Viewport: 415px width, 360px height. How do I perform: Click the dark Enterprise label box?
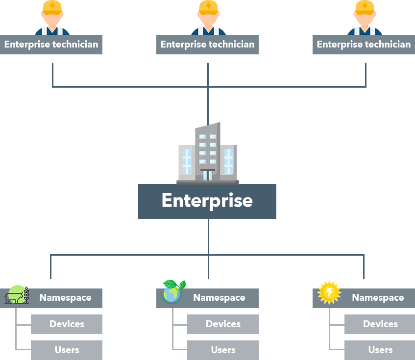coord(207,201)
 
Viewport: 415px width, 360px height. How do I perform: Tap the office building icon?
coord(208,153)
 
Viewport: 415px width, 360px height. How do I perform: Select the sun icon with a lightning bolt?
coord(329,292)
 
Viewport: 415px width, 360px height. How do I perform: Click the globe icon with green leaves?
coord(173,292)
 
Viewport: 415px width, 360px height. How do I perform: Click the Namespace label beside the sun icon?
coord(378,298)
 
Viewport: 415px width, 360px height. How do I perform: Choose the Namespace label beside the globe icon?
coord(219,298)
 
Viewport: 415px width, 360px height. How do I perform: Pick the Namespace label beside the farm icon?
coord(65,298)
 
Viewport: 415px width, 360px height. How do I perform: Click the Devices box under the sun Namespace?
coord(380,324)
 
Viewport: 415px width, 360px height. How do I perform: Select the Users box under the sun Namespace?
coord(380,350)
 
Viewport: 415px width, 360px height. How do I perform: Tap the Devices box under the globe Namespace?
coord(223,324)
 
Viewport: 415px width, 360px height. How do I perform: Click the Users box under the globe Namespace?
coord(223,350)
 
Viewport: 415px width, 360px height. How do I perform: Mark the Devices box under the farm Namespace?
coord(67,324)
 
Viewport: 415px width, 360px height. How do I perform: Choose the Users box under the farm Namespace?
coord(67,350)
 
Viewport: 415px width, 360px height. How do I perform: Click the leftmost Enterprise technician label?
coord(51,45)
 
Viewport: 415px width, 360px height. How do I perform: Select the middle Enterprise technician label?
coord(207,45)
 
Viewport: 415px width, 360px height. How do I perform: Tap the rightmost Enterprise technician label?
coord(364,45)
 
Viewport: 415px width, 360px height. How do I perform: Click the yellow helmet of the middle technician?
coord(208,6)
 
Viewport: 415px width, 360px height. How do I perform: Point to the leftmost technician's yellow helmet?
coord(52,6)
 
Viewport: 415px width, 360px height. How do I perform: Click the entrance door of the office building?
coord(208,175)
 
